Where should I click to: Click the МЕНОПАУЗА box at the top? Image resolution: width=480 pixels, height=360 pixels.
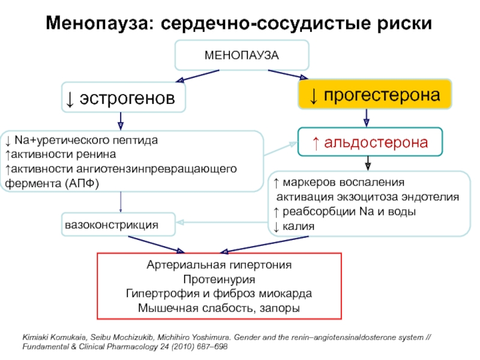point(242,55)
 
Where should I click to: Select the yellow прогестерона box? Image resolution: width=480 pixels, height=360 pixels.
point(375,95)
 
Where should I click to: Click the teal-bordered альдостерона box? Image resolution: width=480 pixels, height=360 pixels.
point(370,142)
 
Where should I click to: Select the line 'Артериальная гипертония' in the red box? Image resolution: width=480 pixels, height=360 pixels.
point(219,265)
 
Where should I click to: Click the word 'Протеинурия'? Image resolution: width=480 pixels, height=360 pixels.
point(219,280)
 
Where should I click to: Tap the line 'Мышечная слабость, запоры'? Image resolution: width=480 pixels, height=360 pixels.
point(219,308)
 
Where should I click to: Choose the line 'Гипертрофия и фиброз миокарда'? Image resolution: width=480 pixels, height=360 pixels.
point(219,294)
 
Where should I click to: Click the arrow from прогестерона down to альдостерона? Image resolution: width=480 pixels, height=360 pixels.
point(366,118)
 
